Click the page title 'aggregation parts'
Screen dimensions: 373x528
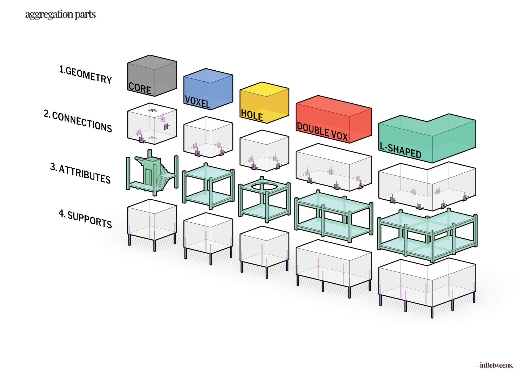pos(60,14)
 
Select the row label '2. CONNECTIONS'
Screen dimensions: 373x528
pos(78,121)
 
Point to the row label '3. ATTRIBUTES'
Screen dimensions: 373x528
pos(80,173)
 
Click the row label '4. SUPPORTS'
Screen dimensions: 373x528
pos(85,219)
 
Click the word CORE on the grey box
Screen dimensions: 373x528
pos(140,88)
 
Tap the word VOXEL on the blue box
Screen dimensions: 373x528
pos(197,102)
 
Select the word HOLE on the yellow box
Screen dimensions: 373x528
pos(252,115)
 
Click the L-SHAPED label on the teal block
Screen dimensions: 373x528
pos(400,150)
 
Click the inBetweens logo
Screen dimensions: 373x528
pos(496,365)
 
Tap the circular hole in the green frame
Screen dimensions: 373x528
pos(264,187)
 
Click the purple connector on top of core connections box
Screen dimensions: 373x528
pos(152,110)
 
